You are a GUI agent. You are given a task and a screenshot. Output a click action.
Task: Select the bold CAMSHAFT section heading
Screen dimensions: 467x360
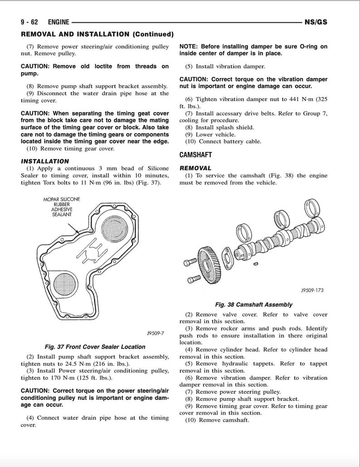coord(195,155)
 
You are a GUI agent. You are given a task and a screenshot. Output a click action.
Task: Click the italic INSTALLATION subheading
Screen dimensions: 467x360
coord(45,161)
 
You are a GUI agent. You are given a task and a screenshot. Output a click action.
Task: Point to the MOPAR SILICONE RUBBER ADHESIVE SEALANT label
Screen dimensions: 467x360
coord(62,207)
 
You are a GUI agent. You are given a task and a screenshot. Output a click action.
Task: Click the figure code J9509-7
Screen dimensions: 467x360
coord(155,333)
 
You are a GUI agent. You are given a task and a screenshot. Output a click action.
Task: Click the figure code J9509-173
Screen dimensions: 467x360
coord(312,291)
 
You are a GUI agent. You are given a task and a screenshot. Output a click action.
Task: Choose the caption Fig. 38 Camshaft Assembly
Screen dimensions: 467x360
coord(253,305)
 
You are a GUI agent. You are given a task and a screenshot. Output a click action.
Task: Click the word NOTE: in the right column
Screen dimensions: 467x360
coord(189,47)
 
